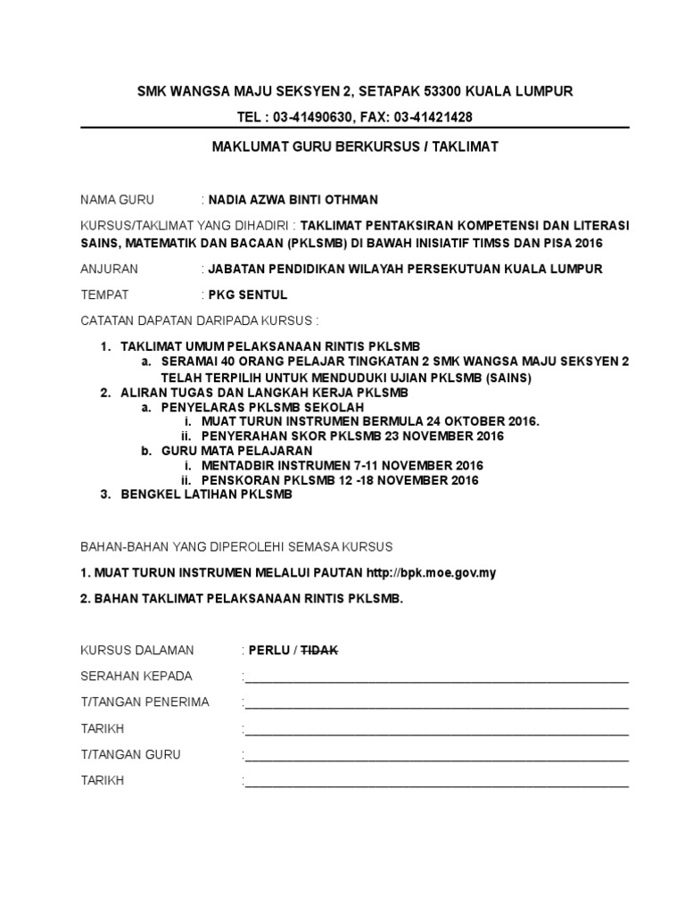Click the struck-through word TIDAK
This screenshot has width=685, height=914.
319,650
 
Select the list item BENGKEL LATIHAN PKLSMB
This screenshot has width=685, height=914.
206,494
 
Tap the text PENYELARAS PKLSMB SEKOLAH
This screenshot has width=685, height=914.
262,406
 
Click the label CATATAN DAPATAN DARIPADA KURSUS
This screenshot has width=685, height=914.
199,320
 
